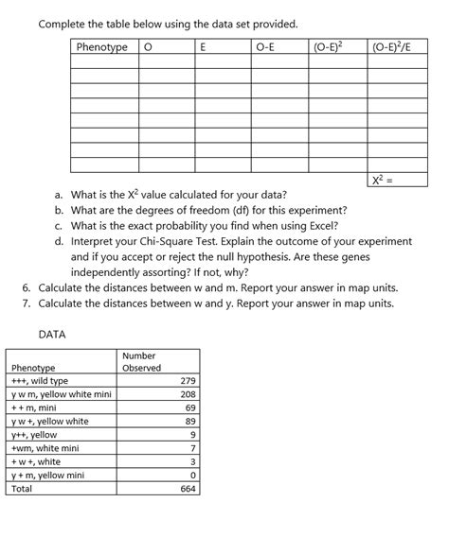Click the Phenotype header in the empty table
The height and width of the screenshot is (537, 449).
(x=102, y=46)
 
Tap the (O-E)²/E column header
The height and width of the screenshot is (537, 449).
(x=394, y=46)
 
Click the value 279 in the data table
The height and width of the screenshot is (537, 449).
(x=187, y=381)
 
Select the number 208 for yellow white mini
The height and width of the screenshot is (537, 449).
(x=187, y=394)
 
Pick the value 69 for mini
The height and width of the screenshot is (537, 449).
(x=189, y=407)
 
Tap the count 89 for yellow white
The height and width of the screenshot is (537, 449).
(x=189, y=422)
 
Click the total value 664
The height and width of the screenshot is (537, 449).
(x=187, y=490)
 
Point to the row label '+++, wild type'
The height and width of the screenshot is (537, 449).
(x=39, y=381)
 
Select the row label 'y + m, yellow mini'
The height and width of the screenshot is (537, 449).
(x=48, y=476)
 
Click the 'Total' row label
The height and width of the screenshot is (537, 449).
(x=22, y=490)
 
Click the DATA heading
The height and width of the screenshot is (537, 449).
(x=52, y=334)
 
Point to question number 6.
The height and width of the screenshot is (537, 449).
(x=26, y=287)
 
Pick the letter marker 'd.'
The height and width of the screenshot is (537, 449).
(x=60, y=241)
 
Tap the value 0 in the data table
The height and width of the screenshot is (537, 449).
(x=193, y=476)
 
